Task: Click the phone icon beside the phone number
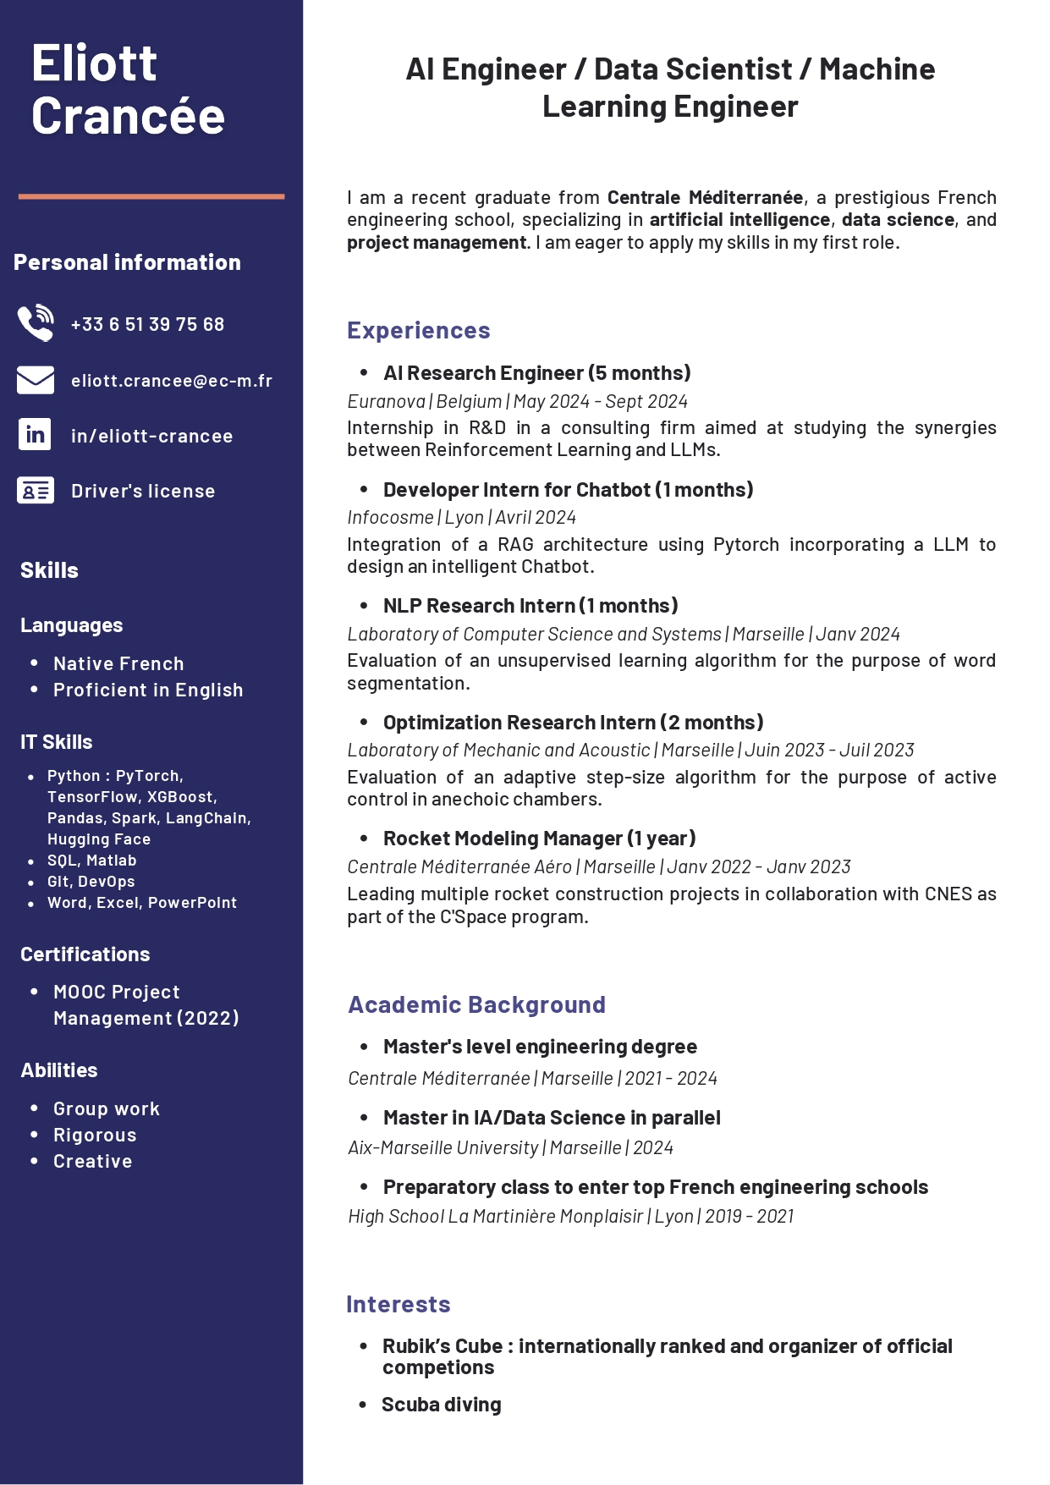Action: click(36, 323)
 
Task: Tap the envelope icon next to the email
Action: click(36, 380)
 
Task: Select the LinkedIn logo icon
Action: click(36, 435)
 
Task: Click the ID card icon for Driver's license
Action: click(36, 491)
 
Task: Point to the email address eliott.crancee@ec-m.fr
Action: click(172, 381)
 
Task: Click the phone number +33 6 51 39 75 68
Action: click(147, 324)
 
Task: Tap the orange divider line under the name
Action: click(151, 196)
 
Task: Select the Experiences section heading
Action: click(419, 330)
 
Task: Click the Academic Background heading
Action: click(477, 1004)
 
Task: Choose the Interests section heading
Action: click(399, 1304)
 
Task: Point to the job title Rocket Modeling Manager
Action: click(503, 839)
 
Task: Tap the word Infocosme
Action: click(390, 517)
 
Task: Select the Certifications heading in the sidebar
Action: click(85, 954)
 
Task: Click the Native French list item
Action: click(118, 663)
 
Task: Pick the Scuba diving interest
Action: click(442, 1405)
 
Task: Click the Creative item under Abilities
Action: click(93, 1161)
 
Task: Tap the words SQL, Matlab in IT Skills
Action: click(92, 861)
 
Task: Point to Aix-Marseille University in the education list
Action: click(443, 1147)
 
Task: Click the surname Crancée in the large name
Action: click(129, 116)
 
